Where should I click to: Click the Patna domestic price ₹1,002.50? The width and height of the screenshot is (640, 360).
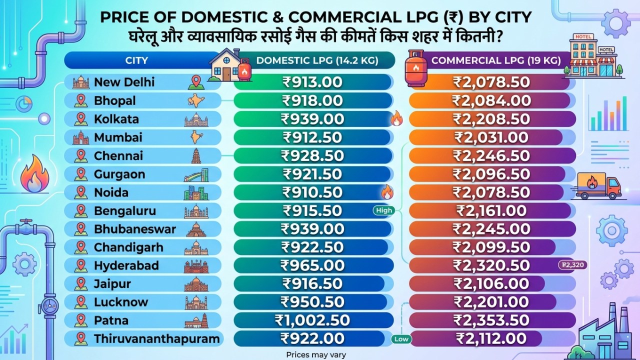[312, 320]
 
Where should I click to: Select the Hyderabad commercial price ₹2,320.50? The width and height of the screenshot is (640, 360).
[491, 265]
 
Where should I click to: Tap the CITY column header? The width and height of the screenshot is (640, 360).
[136, 60]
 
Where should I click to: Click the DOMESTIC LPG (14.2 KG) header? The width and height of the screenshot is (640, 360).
[317, 60]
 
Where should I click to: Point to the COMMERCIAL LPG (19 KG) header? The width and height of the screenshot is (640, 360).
[495, 60]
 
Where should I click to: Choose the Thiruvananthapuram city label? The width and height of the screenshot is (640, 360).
[156, 339]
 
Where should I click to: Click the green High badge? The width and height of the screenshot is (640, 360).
[384, 210]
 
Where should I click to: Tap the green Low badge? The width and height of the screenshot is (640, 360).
[401, 339]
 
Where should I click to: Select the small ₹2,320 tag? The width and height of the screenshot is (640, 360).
[572, 265]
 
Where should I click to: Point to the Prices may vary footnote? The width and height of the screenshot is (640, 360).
[316, 354]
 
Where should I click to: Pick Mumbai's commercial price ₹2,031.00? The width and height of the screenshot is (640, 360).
[491, 137]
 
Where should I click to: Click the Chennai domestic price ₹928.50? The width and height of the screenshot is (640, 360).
[312, 155]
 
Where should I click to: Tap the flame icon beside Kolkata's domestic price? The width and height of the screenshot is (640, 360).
[396, 118]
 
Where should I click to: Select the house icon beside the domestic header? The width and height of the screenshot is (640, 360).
[222, 65]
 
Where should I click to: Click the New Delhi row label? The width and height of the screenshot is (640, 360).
[124, 82]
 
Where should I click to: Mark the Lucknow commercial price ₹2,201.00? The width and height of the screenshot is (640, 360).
[491, 302]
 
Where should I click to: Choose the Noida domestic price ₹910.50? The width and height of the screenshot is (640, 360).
[312, 192]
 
